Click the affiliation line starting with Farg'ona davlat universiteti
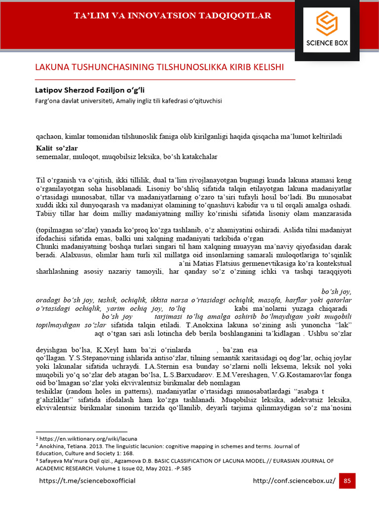point(129,101)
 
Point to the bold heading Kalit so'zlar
point(57,148)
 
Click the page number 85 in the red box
point(347,480)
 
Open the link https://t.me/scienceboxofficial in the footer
point(87,480)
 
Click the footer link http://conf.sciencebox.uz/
point(294,480)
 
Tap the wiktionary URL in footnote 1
point(88,438)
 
